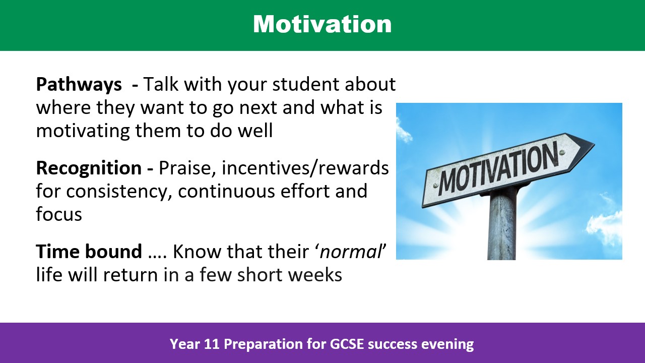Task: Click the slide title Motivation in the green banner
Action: pos(322,24)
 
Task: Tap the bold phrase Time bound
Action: pos(89,251)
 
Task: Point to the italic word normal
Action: pos(351,252)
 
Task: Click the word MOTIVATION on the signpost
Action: pos(498,168)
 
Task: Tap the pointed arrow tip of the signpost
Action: pos(594,143)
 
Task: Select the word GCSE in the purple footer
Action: pos(345,344)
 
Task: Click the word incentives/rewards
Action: pos(305,168)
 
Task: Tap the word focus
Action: pos(59,214)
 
